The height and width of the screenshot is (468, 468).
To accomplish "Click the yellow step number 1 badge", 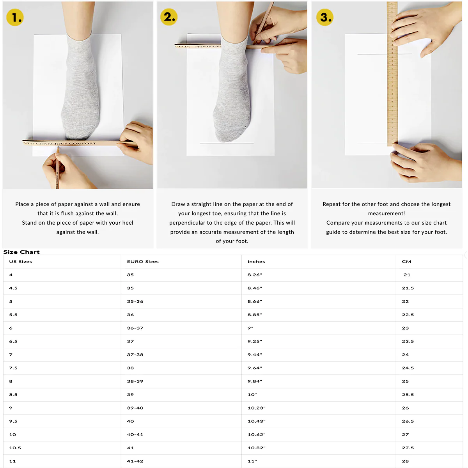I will tap(15, 18).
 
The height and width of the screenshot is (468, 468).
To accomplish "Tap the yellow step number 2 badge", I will tap(169, 17).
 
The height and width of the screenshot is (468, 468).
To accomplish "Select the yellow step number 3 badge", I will tap(324, 18).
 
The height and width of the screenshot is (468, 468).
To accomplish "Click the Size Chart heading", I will tap(21, 252).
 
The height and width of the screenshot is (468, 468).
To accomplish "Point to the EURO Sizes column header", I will tap(143, 262).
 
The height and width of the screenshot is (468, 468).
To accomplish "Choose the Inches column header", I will tap(256, 262).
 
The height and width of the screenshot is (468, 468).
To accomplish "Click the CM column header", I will tap(406, 262).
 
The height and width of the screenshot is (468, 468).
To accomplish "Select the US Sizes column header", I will tap(21, 262).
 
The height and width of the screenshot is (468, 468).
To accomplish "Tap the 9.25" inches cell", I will tap(255, 341).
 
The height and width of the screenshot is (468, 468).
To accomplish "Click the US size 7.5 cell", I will tap(13, 368).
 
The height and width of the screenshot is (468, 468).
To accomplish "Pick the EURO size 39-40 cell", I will tap(135, 408).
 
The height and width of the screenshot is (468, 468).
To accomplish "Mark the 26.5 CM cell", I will tap(408, 421).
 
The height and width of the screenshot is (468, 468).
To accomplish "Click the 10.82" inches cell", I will tap(257, 448).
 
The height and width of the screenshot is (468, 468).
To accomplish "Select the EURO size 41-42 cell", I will tap(135, 461).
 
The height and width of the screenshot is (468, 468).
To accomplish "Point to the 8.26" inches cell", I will tap(255, 275).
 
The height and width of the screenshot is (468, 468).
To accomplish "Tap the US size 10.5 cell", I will tap(15, 448).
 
